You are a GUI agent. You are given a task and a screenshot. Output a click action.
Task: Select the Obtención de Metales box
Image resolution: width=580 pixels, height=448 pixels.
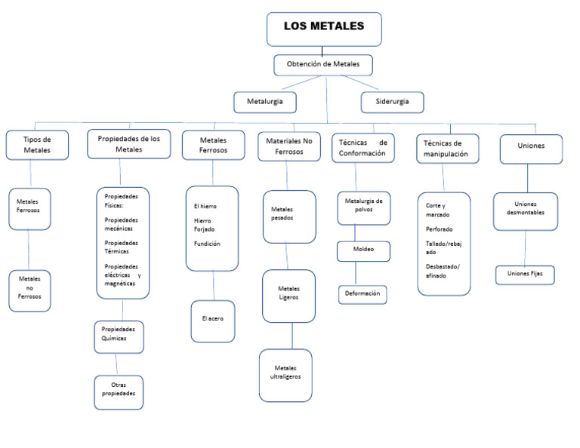pyautogui.click(x=322, y=65)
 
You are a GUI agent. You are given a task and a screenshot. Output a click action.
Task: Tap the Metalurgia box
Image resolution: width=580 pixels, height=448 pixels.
pyautogui.click(x=264, y=101)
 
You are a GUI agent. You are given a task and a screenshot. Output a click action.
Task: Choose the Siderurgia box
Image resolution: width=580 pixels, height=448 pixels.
pyautogui.click(x=391, y=101)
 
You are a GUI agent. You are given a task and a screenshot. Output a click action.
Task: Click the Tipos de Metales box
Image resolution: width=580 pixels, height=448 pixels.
pyautogui.click(x=37, y=145)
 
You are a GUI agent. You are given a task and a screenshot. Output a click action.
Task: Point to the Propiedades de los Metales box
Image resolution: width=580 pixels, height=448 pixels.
pyautogui.click(x=128, y=143)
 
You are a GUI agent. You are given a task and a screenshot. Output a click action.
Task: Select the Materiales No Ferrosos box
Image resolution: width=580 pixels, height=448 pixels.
pyautogui.click(x=288, y=145)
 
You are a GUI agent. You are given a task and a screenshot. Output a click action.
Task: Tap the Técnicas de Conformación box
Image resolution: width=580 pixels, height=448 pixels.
pyautogui.click(x=362, y=147)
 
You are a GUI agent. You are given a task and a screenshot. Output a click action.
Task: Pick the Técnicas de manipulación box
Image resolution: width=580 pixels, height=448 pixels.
pyautogui.click(x=448, y=149)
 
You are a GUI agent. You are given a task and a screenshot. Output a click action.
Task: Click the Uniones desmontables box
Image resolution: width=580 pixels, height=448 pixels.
pyautogui.click(x=526, y=208)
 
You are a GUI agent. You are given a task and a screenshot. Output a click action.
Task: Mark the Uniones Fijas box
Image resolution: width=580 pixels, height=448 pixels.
pyautogui.click(x=525, y=274)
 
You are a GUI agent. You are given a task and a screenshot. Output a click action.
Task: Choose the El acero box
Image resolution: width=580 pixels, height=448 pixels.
pyautogui.click(x=213, y=320)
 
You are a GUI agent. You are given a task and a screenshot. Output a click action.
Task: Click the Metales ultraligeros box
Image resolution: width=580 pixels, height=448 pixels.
pyautogui.click(x=285, y=374)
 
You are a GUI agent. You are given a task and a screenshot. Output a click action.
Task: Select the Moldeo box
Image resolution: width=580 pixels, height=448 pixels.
pyautogui.click(x=363, y=250)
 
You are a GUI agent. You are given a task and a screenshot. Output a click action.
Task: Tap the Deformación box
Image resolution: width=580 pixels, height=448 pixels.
pyautogui.click(x=362, y=293)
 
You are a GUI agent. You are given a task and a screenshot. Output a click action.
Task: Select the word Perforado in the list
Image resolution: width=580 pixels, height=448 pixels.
pyautogui.click(x=440, y=229)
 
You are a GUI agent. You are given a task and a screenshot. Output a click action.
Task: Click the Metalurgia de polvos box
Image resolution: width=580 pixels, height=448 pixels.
pyautogui.click(x=364, y=207)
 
